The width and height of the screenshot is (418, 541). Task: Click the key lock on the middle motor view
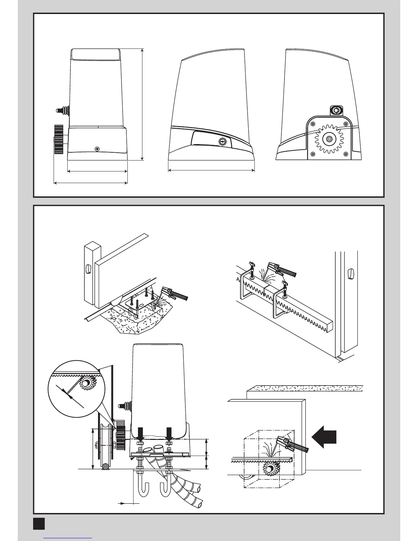click(222, 141)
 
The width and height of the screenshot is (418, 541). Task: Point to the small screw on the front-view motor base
click(98, 149)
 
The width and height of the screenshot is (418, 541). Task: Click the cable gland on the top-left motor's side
click(62, 110)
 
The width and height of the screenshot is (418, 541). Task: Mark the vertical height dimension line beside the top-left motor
click(142, 104)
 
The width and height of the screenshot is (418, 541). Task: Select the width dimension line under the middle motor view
click(211, 170)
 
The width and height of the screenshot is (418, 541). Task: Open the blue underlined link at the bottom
click(68, 538)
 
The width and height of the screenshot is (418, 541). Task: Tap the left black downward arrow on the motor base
click(140, 433)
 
